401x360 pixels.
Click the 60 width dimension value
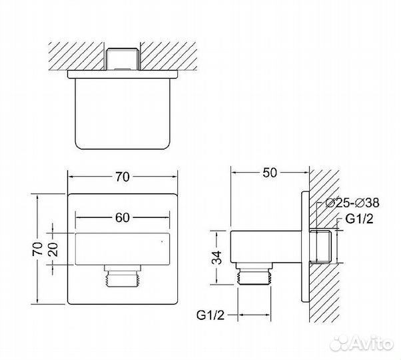click(124, 217)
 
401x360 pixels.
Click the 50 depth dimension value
click(269, 174)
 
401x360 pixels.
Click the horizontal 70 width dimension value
click(124, 177)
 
